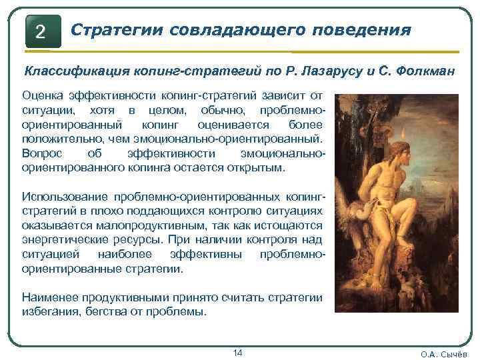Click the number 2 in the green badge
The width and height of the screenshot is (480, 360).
41,31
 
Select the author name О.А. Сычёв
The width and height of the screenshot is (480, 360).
444,354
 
